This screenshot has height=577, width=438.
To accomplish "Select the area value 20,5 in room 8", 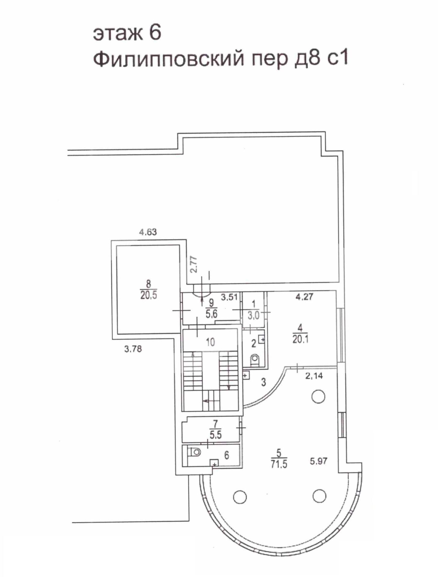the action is tap(149, 295).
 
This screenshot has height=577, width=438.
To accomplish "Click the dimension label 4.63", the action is tap(148, 232).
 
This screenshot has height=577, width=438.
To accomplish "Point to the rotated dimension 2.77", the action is tap(194, 264).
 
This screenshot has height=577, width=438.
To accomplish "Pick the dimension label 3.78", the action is tap(133, 349).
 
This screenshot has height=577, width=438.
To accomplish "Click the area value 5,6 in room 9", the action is tap(211, 314).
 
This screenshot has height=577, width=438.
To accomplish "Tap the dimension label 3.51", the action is tap(229, 297).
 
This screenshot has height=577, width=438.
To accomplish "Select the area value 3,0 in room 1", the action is tap(254, 316).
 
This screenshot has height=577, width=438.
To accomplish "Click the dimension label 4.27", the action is tap(304, 297).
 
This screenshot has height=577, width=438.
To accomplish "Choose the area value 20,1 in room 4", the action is tap(301, 339).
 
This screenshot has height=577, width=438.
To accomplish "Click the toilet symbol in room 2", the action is tap(255, 359).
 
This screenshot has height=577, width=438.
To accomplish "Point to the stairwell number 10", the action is tap(210, 342).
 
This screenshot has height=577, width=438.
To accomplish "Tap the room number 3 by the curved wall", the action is tap(264, 382).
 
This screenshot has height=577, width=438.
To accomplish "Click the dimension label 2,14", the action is tap(314, 376).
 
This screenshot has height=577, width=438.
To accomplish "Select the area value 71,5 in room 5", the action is tap(279, 464).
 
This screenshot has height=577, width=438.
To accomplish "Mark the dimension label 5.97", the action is tap(319, 461).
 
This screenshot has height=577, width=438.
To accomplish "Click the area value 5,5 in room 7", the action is tap(216, 435).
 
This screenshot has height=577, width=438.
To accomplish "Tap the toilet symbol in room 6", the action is tap(195, 452).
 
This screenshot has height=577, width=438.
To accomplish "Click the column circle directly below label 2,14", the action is tap(318, 397).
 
